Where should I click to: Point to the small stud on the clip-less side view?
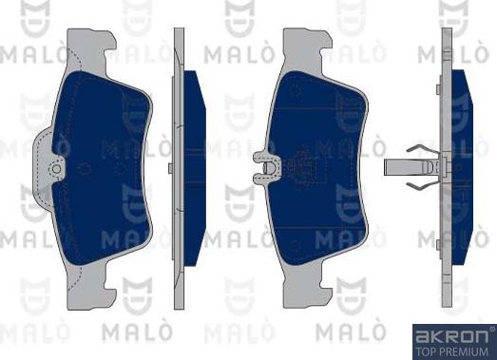[169, 168]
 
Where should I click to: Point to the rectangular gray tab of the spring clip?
[395, 168]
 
